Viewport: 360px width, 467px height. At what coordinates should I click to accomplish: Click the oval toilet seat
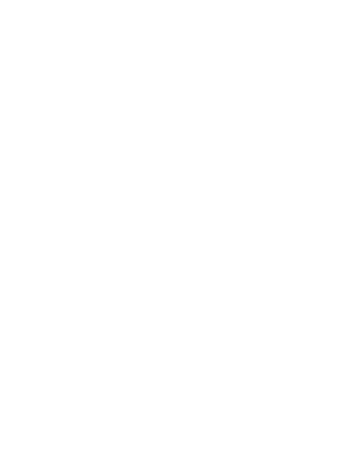click(130, 341)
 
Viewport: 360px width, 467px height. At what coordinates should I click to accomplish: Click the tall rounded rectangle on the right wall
click(333, 255)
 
